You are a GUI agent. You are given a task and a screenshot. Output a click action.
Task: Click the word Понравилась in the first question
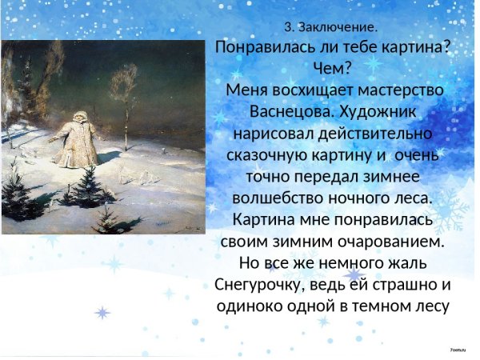point(266,47)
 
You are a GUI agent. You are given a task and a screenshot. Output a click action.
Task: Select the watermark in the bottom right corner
point(458,350)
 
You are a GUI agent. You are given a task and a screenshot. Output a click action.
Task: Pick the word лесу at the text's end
point(429,305)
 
